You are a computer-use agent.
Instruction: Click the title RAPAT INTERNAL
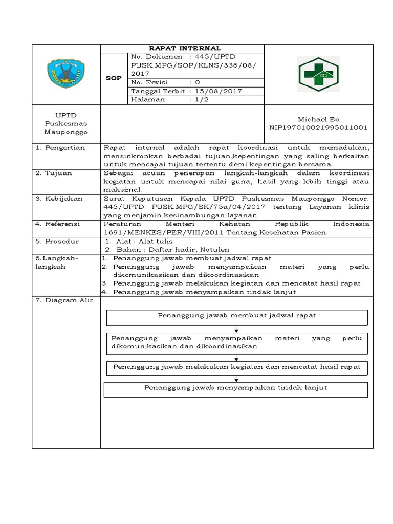tap(182, 48)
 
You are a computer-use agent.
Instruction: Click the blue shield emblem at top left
tap(67, 74)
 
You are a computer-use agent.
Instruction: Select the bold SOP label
tap(113, 78)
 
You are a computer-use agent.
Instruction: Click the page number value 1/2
tap(197, 100)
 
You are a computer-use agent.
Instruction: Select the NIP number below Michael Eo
tap(318, 127)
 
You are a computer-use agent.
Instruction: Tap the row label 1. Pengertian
tap(61, 147)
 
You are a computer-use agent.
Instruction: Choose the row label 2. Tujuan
tap(54, 173)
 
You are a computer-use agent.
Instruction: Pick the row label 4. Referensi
tap(59, 224)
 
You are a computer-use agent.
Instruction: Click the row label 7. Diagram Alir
tap(64, 300)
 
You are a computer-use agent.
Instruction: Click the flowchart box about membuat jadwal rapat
tap(236, 317)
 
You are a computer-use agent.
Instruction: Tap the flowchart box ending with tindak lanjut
tap(235, 389)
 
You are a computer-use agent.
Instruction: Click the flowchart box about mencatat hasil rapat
tap(236, 367)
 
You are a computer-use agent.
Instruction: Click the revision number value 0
tap(198, 82)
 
